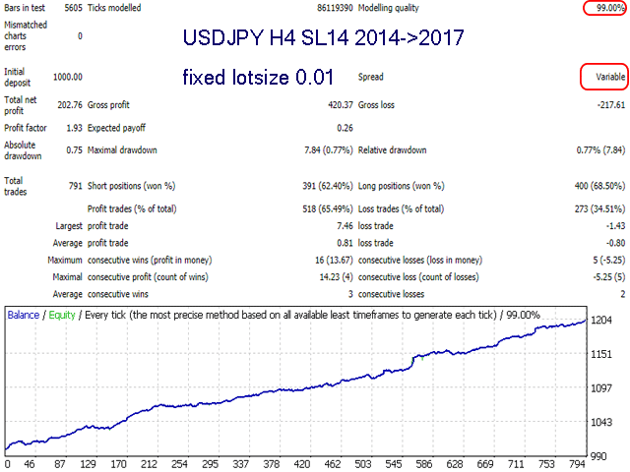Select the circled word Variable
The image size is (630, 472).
click(x=605, y=76)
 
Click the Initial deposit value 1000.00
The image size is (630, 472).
click(x=65, y=76)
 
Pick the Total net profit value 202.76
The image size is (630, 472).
click(x=67, y=103)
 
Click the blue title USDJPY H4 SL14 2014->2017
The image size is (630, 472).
click(x=323, y=40)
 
